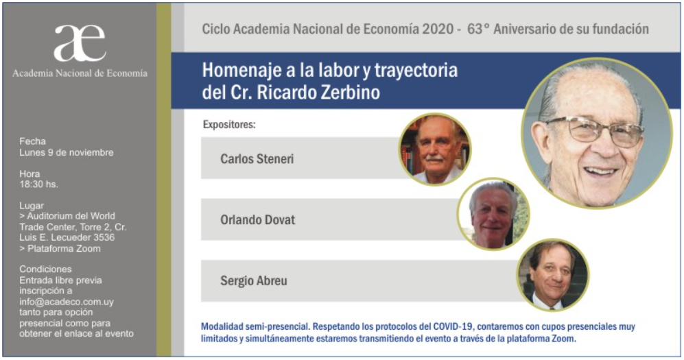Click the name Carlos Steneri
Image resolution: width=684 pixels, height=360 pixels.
tap(257, 158)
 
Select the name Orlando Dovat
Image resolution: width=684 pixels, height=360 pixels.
tap(257, 219)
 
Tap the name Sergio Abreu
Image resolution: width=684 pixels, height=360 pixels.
tap(253, 280)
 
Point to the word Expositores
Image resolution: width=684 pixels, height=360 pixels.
tap(229, 125)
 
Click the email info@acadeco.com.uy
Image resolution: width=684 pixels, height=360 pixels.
tap(67, 302)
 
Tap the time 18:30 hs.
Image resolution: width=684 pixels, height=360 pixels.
tap(38, 184)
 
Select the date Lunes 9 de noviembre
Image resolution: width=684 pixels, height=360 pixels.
tap(67, 152)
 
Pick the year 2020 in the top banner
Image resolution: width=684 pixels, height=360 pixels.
tap(437, 29)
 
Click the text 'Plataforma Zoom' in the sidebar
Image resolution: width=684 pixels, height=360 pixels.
tap(64, 248)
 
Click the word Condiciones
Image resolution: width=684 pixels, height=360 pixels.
tap(45, 269)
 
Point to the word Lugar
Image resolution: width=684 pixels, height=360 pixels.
tap(32, 206)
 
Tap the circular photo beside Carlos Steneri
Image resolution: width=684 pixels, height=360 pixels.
tap(435, 149)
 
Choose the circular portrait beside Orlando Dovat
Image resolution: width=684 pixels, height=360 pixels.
tap(493, 214)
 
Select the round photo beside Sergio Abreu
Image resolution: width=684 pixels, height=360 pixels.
tap(553, 274)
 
